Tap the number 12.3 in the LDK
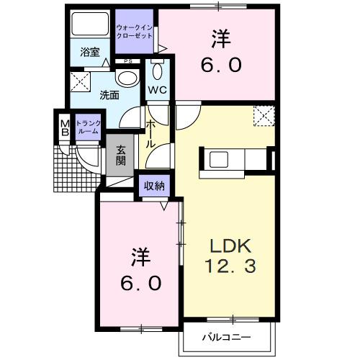[x=228, y=266]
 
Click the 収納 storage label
[x=153, y=185]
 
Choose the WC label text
[x=157, y=89]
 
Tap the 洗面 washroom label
[x=109, y=94]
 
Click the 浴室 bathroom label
[x=89, y=52]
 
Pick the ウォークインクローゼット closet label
[x=134, y=32]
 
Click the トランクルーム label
[x=89, y=127]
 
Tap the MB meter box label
[x=64, y=127]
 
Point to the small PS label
[x=127, y=62]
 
